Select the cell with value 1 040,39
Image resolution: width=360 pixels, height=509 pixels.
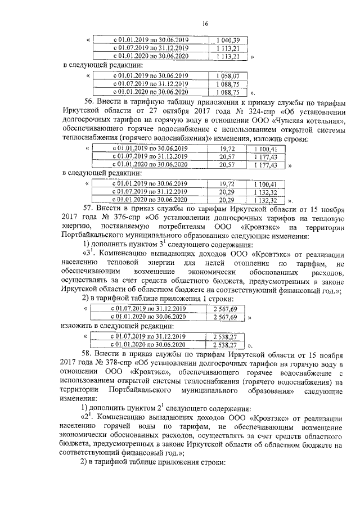(x=229, y=39)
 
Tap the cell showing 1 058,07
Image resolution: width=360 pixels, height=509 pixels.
(x=229, y=75)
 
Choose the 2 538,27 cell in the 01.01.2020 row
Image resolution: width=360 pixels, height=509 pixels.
(x=224, y=344)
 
